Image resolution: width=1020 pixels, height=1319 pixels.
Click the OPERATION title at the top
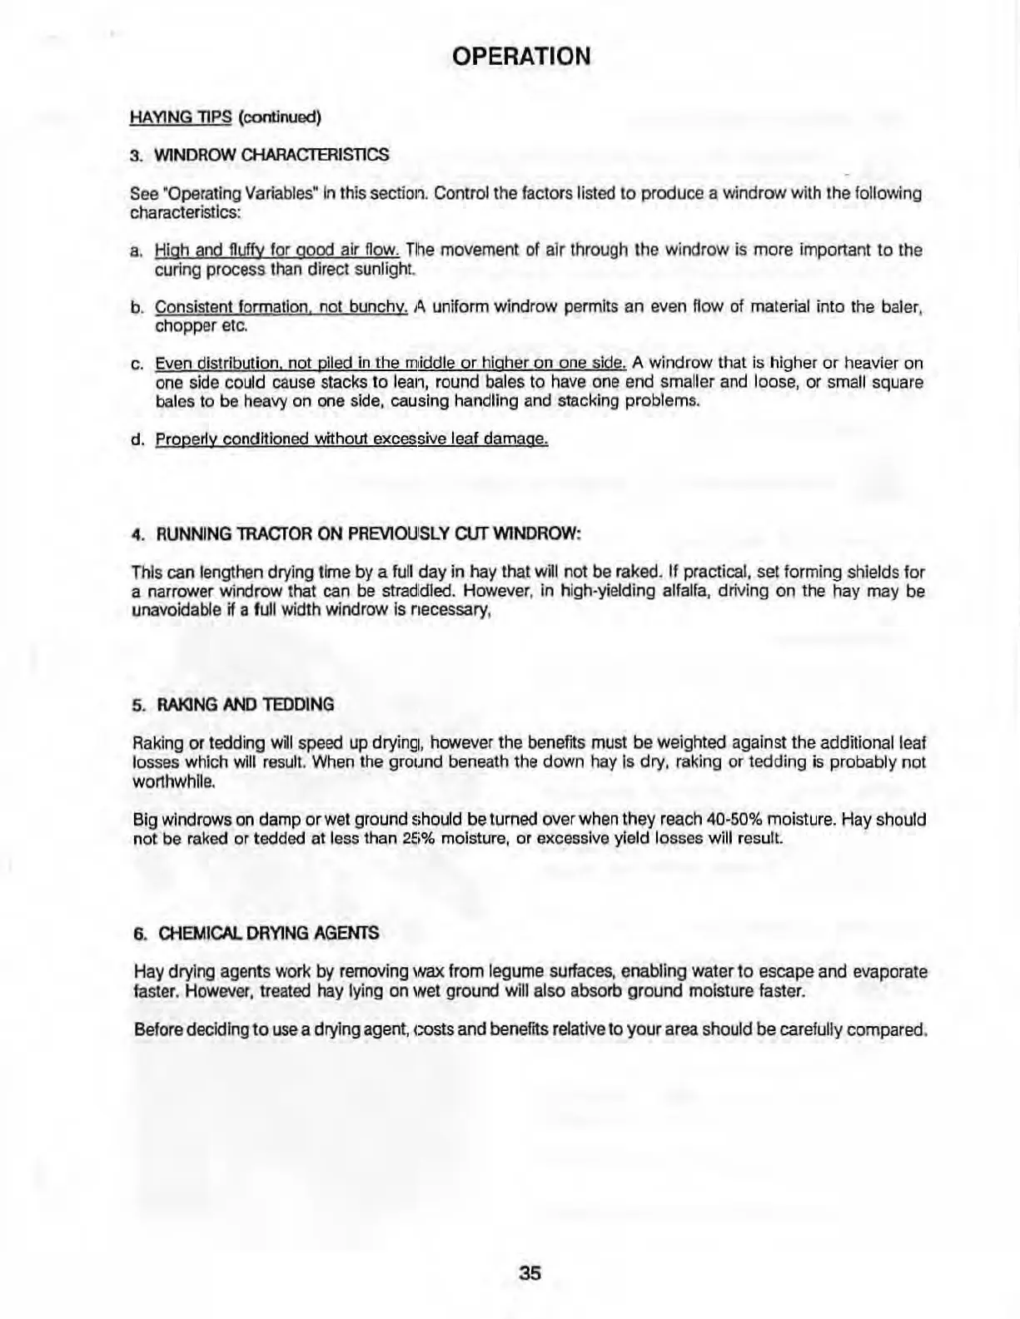coord(521,57)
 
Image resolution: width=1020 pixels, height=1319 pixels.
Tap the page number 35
coord(530,1273)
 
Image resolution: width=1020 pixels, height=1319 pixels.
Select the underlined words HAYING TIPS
coord(180,117)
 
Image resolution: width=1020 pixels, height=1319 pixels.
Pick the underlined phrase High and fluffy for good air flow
coord(278,250)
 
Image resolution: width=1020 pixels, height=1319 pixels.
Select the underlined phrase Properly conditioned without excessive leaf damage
coord(351,439)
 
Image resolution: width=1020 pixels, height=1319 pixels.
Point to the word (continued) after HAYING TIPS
coord(280,117)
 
